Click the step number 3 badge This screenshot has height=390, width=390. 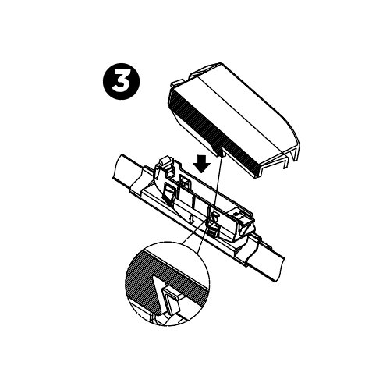[122, 82]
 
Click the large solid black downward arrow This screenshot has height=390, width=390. [202, 165]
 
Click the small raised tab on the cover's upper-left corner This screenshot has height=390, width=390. [176, 83]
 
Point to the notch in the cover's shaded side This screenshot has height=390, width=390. [220, 154]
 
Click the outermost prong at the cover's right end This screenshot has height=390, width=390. [296, 154]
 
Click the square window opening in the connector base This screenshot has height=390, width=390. [185, 181]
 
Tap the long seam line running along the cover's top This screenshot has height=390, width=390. [242, 115]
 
